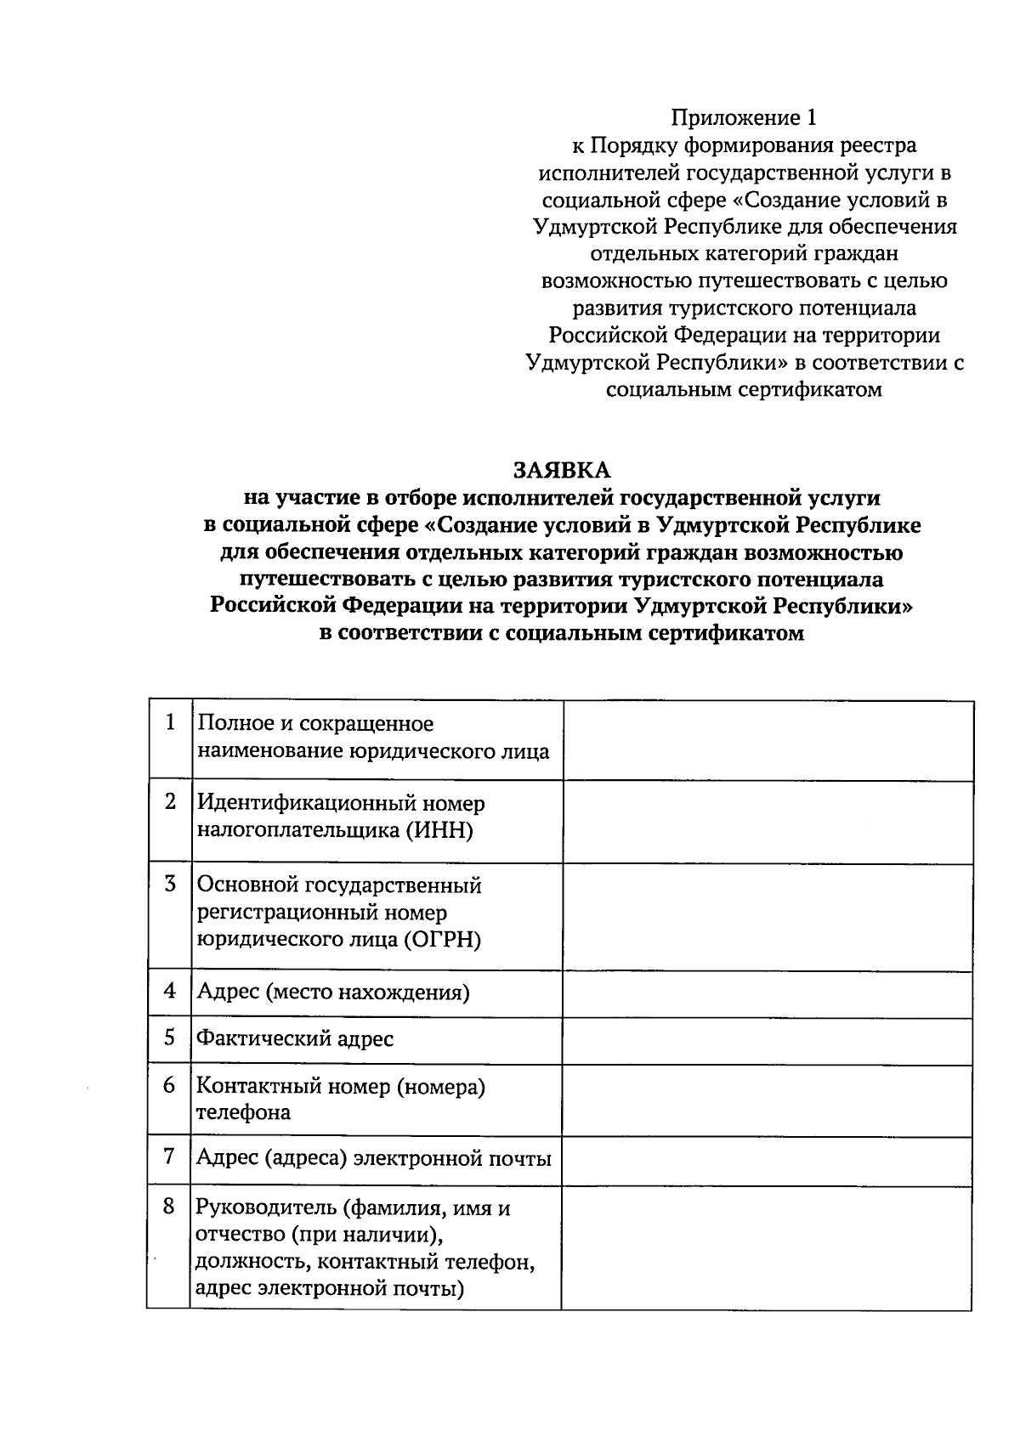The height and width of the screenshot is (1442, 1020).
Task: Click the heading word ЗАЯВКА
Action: (x=561, y=470)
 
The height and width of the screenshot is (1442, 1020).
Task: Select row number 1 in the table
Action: (x=170, y=722)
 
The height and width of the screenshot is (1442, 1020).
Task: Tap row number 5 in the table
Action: (x=170, y=1037)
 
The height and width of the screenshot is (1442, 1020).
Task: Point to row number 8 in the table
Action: (x=169, y=1206)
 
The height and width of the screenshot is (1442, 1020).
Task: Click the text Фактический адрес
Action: (x=295, y=1038)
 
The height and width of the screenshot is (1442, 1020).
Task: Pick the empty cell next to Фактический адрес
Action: (x=768, y=1040)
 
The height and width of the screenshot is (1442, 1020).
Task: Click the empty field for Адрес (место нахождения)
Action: (x=768, y=993)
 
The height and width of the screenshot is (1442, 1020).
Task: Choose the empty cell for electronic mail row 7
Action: (x=768, y=1160)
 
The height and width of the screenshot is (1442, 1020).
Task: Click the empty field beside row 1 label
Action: (x=768, y=739)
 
